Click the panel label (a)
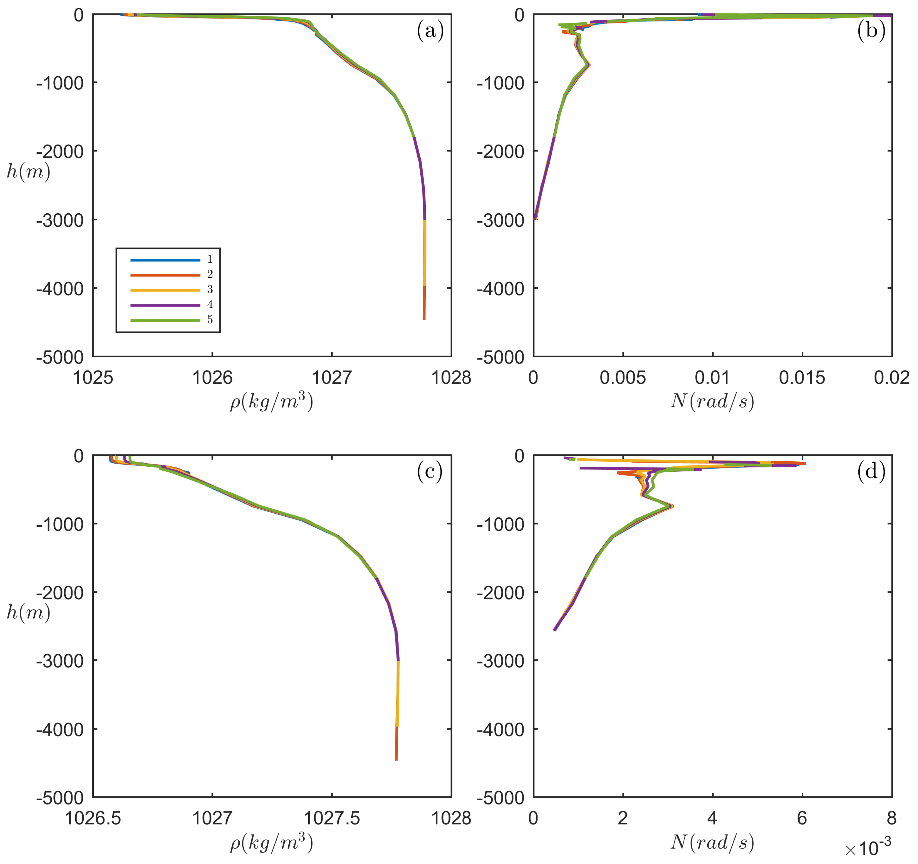(x=430, y=31)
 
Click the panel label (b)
(x=871, y=31)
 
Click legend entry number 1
(x=210, y=259)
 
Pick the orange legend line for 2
(x=165, y=275)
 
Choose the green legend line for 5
(x=165, y=320)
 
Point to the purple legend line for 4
(x=165, y=305)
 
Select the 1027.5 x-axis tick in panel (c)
(x=331, y=818)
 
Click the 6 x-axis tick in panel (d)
(x=802, y=818)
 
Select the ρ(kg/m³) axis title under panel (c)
(x=272, y=843)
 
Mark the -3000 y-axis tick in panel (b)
(x=501, y=220)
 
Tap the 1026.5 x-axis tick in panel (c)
(x=93, y=818)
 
